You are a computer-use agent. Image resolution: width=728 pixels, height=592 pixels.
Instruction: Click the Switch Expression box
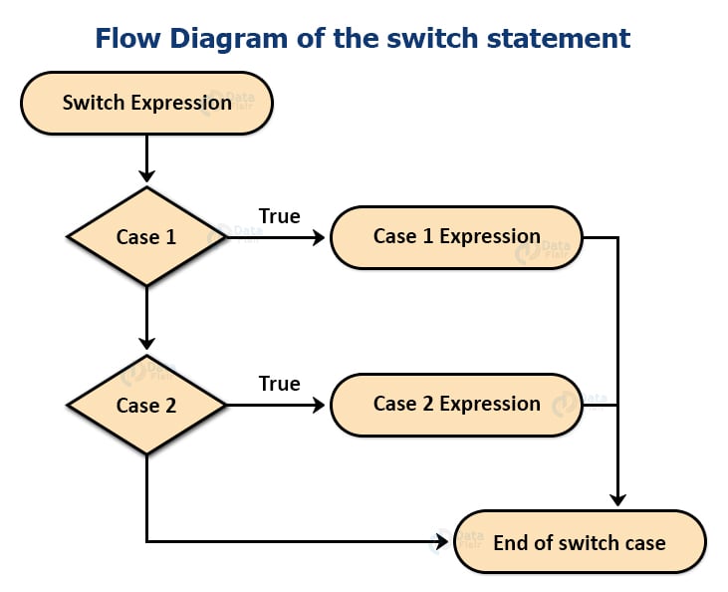tap(146, 102)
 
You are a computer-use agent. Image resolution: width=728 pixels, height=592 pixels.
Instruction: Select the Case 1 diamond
tap(146, 237)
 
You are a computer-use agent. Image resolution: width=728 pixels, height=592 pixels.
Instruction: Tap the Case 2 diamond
tap(146, 405)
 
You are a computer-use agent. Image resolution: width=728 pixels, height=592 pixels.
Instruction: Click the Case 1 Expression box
tap(456, 237)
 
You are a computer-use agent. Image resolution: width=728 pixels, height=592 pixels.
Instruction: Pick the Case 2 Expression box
tap(456, 405)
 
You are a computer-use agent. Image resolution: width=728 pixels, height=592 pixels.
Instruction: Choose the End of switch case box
tap(580, 542)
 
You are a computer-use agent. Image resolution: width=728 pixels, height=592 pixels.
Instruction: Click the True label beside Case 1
tap(279, 216)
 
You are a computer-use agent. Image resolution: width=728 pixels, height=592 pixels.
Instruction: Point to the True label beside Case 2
tap(279, 384)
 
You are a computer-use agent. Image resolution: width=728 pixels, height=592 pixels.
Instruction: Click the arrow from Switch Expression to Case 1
tap(146, 159)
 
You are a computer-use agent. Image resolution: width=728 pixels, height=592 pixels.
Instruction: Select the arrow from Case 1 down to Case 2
tap(146, 319)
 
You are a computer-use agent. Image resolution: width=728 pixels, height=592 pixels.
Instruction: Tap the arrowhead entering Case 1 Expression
tap(319, 237)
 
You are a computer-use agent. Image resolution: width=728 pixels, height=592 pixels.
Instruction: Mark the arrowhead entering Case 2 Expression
tap(319, 405)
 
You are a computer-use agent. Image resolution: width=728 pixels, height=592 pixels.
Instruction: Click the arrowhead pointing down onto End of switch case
tap(618, 499)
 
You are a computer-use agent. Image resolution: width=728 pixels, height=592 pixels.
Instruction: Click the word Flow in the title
tap(127, 38)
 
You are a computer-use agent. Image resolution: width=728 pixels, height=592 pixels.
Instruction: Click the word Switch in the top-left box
tap(94, 102)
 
